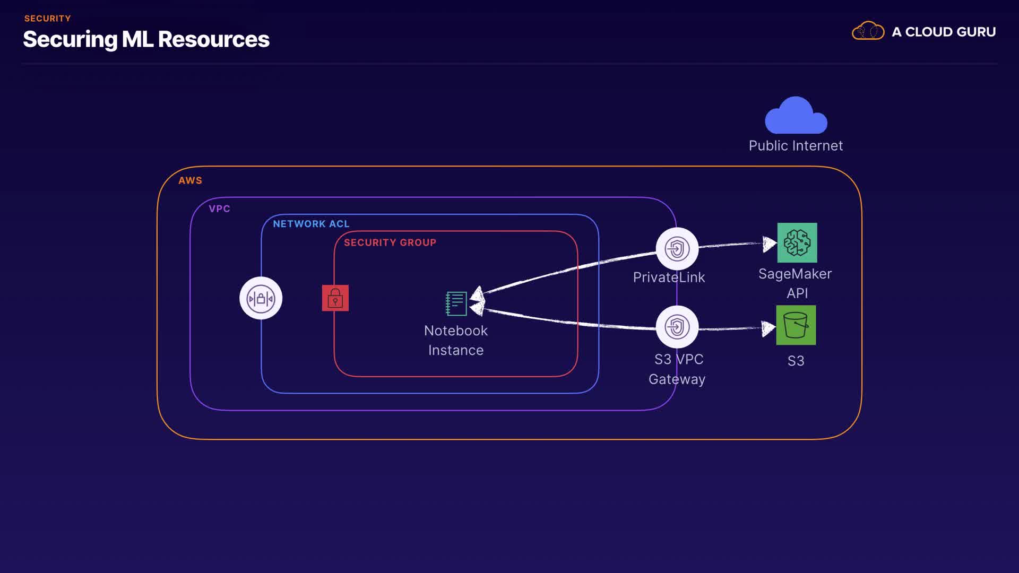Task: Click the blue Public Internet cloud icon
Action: pos(796,116)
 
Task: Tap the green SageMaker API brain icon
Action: pos(797,243)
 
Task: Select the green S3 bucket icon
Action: pos(796,325)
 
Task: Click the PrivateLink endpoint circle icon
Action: pos(677,249)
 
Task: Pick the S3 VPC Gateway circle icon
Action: pos(677,327)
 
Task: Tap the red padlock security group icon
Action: pos(335,298)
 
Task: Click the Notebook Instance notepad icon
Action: pos(456,303)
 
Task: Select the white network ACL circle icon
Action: pos(261,298)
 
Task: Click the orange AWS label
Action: pos(190,180)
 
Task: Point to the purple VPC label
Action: pos(219,209)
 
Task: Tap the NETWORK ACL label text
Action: pos(311,224)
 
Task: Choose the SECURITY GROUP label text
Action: pos(390,242)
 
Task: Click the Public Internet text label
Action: pos(795,146)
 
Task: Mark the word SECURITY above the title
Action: pos(47,19)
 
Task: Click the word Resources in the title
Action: pos(213,40)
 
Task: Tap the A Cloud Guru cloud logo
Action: pos(868,31)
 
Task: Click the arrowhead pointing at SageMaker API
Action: pos(768,244)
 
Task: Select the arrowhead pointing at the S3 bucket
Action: pos(767,328)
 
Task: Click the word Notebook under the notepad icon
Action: pos(455,331)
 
